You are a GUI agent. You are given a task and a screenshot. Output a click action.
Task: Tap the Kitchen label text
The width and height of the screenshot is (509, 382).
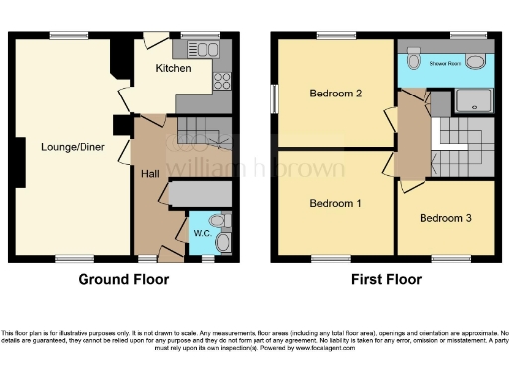point(173,68)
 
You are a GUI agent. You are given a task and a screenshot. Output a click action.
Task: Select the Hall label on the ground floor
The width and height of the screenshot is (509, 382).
point(150,173)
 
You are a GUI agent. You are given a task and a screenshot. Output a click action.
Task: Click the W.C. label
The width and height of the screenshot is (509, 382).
point(202,234)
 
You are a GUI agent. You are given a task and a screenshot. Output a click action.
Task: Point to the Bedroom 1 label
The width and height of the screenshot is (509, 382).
point(334,204)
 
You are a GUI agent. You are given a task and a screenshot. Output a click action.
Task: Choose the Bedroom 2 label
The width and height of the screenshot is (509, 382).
point(334,95)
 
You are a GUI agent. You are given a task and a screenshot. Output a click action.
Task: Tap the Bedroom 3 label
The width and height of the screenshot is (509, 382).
point(445,218)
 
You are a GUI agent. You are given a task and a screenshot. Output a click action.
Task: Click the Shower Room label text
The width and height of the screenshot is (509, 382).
point(446,61)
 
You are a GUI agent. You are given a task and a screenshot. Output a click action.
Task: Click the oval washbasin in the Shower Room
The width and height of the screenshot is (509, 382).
point(477,61)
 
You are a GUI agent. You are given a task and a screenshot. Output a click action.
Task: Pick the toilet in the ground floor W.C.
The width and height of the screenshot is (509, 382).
point(223,240)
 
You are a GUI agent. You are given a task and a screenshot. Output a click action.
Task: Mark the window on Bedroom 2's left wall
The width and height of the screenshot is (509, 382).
point(275,96)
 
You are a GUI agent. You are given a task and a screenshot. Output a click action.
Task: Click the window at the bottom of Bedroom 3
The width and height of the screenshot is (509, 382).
point(443,259)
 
